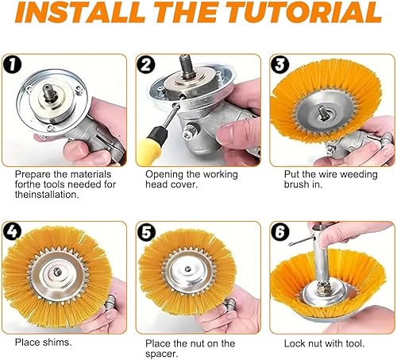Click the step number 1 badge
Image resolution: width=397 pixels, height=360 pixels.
(x=12, y=64)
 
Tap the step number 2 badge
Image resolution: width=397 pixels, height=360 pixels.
(x=146, y=64)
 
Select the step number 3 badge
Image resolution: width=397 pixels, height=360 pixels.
(x=280, y=64)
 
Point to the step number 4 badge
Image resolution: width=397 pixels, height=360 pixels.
(x=12, y=231)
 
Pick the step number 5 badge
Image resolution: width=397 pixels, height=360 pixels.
(x=146, y=232)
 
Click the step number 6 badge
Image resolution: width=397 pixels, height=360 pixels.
(x=280, y=232)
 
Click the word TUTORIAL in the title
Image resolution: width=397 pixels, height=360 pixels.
(x=303, y=12)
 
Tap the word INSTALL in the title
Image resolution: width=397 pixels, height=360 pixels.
(x=80, y=12)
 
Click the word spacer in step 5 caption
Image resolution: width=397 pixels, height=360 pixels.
(x=162, y=354)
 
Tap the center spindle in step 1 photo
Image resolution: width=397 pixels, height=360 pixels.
(x=50, y=92)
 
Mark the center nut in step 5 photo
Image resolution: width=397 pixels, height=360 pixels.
(x=187, y=269)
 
